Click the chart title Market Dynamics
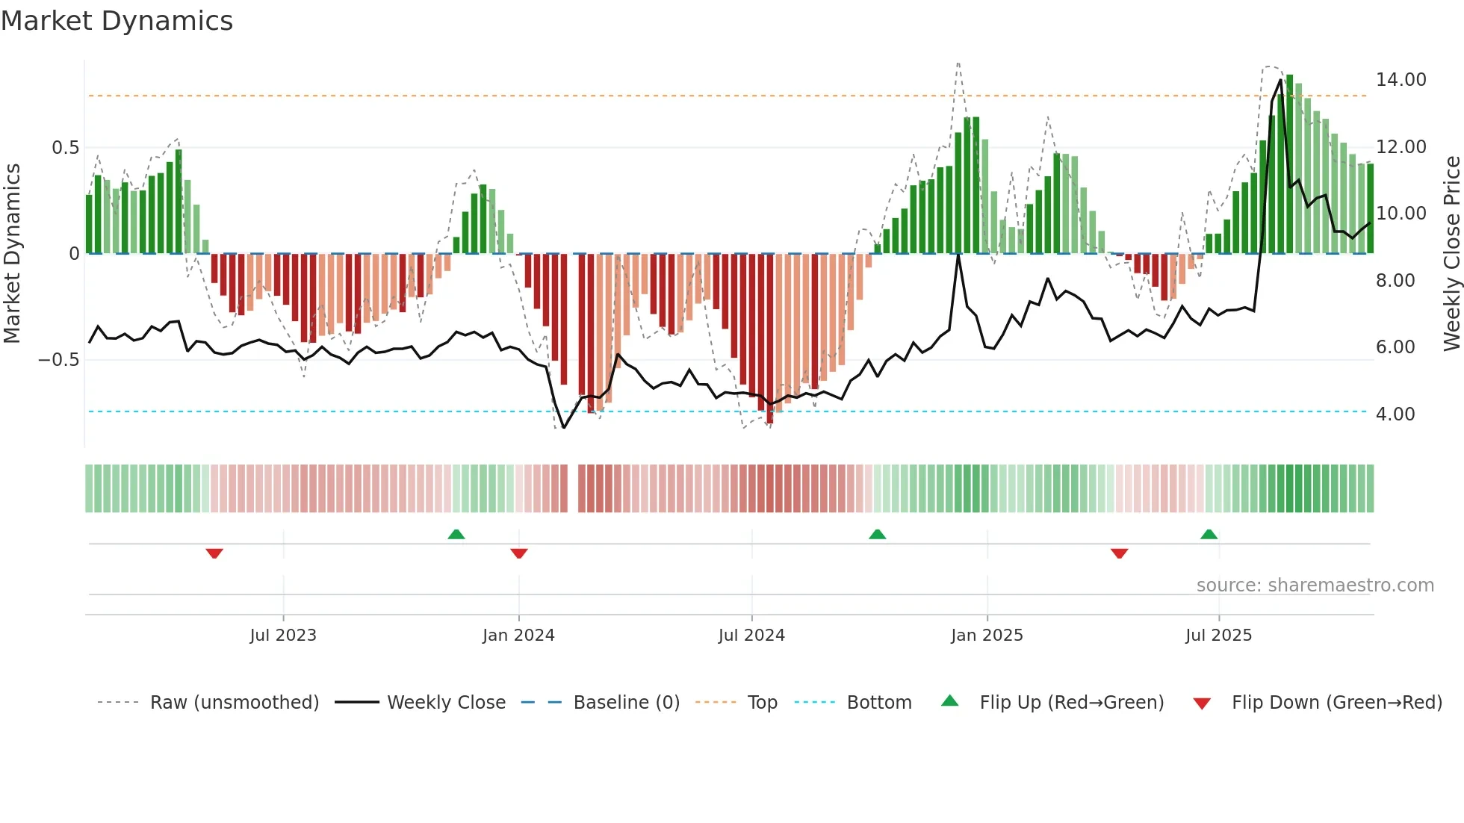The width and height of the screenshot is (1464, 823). (117, 21)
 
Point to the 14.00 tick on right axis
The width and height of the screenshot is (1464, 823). (1401, 80)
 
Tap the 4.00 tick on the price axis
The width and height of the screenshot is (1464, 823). (1395, 414)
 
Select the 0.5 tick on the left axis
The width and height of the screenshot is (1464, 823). (65, 148)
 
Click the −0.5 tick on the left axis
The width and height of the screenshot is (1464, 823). (59, 360)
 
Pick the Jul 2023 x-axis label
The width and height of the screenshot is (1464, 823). (283, 636)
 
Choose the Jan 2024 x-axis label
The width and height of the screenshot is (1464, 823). (518, 636)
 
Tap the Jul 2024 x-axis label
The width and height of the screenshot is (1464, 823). (751, 636)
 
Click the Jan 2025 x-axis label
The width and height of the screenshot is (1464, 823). (987, 636)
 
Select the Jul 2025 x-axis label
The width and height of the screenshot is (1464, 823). (1218, 636)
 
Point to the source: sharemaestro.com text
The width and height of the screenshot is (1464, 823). (1315, 586)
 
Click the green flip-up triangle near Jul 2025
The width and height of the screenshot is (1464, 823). (1209, 534)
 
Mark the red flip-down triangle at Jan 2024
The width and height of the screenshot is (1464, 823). (519, 553)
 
